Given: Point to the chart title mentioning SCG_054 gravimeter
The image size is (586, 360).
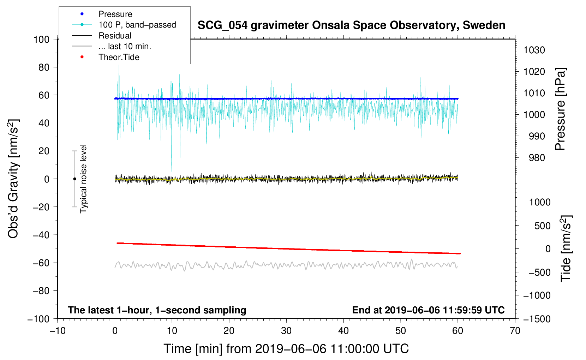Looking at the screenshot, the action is pyautogui.click(x=351, y=25).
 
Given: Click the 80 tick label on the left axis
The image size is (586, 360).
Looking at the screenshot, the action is pyautogui.click(x=44, y=67).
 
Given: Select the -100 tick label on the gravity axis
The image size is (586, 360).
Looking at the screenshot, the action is pyautogui.click(x=39, y=319).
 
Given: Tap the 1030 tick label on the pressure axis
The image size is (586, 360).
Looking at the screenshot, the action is pyautogui.click(x=534, y=50).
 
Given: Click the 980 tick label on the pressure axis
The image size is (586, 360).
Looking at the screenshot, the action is pyautogui.click(x=537, y=158).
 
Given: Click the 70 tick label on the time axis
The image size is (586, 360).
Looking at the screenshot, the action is pyautogui.click(x=515, y=331).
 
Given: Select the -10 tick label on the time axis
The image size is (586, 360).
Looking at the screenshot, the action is pyautogui.click(x=58, y=331).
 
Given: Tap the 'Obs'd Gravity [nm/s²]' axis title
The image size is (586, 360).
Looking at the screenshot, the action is pyautogui.click(x=13, y=179).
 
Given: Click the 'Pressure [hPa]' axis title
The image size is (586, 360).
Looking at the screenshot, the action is pyautogui.click(x=560, y=109).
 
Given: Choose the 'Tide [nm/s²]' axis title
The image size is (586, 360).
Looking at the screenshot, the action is pyautogui.click(x=566, y=249).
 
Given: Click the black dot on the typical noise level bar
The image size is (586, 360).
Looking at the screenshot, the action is pyautogui.click(x=74, y=179).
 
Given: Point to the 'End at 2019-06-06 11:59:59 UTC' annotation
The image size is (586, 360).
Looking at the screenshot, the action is pyautogui.click(x=428, y=310).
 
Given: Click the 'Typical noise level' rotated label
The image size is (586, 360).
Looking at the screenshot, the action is pyautogui.click(x=83, y=179).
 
